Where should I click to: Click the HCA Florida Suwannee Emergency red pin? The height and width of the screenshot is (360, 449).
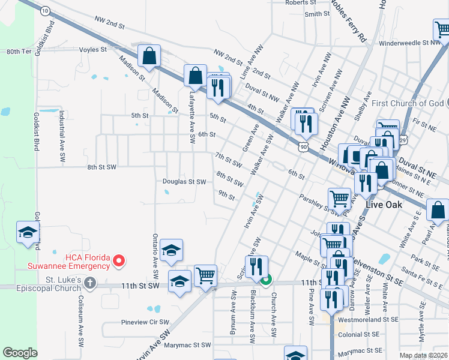coord(119,260)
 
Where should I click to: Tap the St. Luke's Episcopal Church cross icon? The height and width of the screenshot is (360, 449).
coord(90,282)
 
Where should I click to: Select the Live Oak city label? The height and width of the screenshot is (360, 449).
coord(385,205)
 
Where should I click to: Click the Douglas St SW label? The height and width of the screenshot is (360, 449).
coord(184,181)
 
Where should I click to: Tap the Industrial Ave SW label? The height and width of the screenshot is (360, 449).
coord(62,141)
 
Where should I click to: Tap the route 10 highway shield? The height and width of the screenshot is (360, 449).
coord(44,11)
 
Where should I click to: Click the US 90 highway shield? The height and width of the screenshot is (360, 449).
coord(303,146)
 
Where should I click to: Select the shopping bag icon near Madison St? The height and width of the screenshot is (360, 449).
coord(148,56)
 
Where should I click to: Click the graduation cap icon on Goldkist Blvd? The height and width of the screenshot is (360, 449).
coord(28,233)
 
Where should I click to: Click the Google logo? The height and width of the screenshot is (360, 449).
coord(20,353)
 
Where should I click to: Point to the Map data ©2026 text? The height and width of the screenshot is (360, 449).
coord(424,355)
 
